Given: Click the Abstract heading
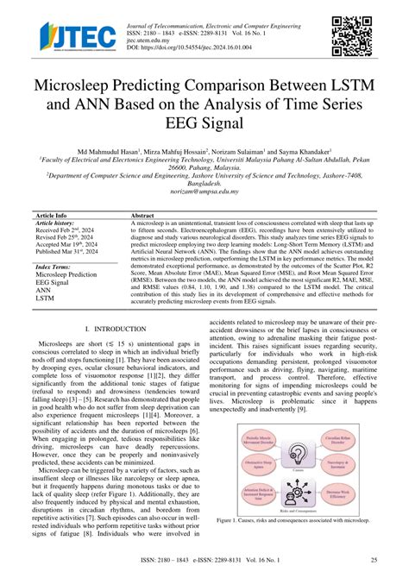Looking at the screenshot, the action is [x=142, y=214].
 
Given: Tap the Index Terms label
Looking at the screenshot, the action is [x=53, y=267].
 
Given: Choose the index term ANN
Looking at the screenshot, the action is [x=44, y=290].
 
